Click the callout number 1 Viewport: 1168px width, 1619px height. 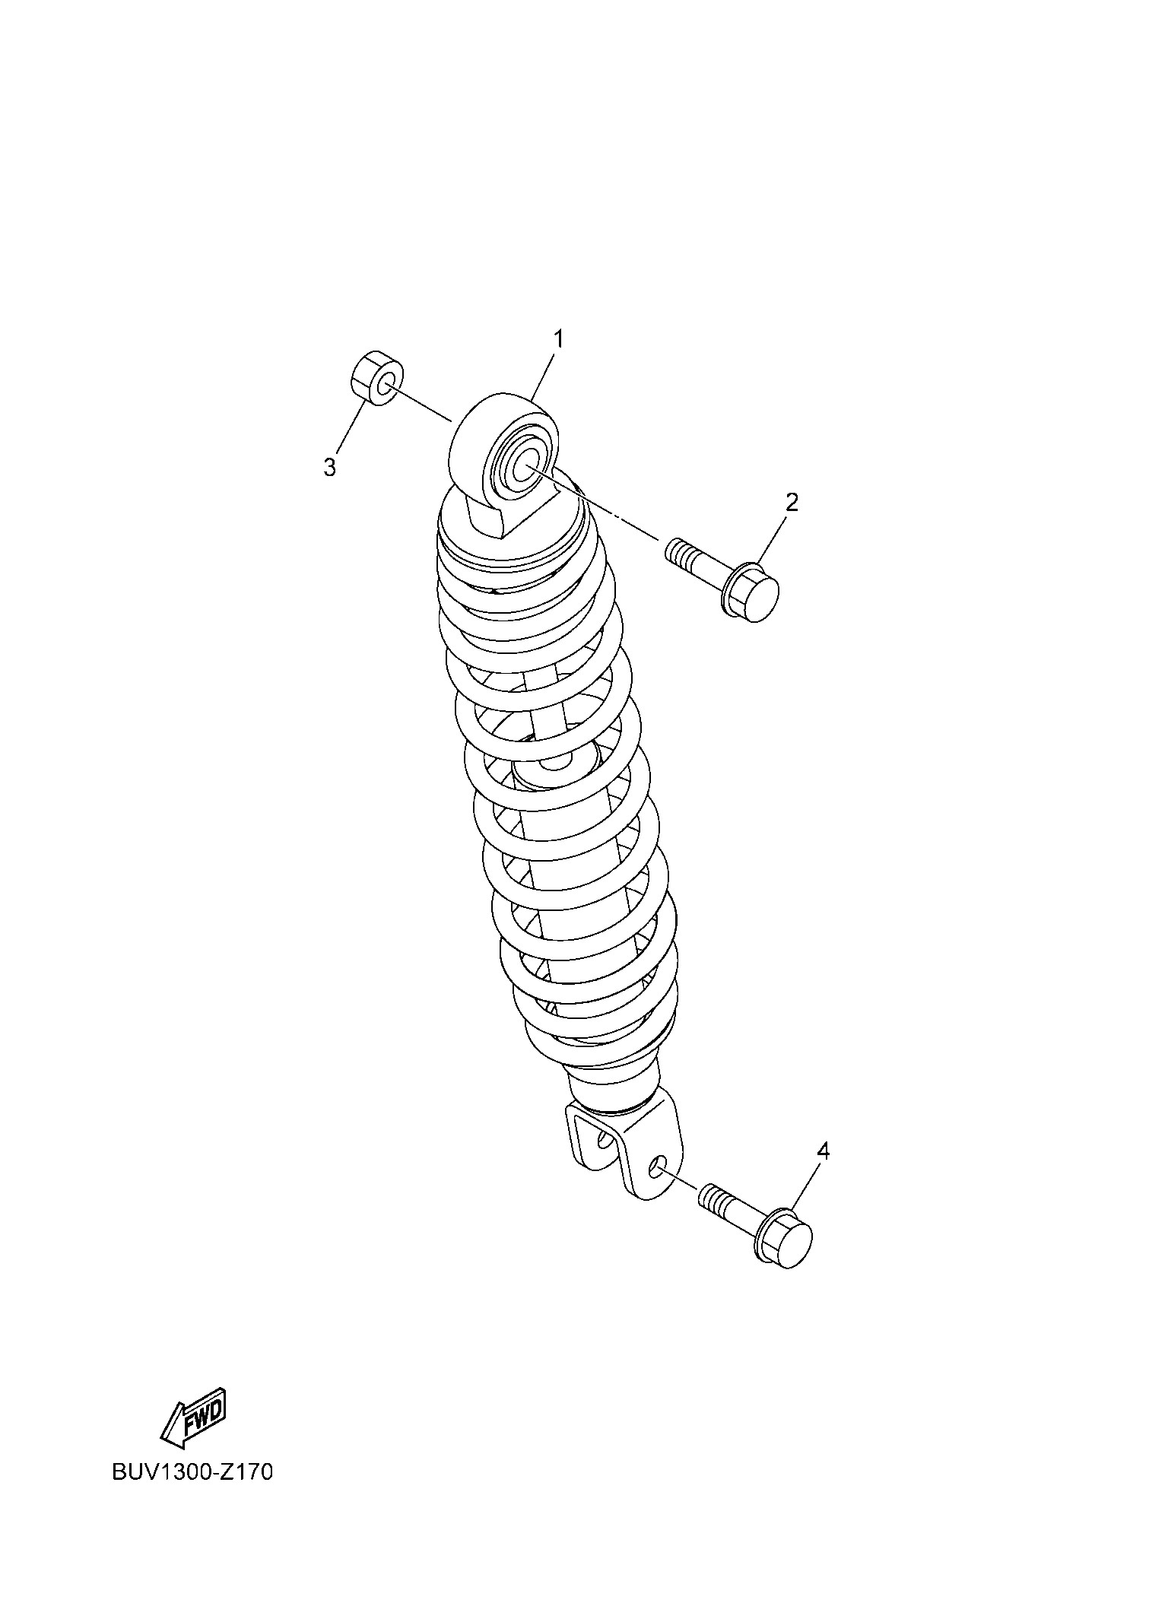(558, 339)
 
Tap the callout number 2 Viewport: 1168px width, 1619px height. (792, 502)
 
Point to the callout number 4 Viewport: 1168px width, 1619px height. (823, 1172)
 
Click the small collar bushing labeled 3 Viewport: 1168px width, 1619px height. (376, 379)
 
